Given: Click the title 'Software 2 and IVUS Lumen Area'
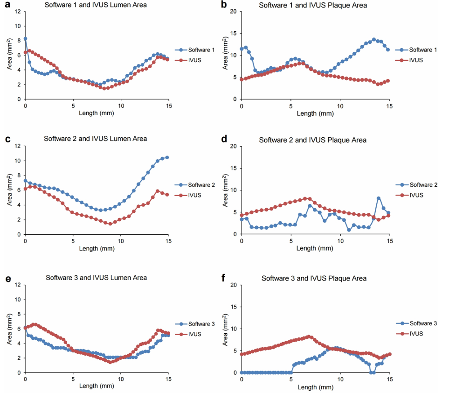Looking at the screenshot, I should [x=96, y=139].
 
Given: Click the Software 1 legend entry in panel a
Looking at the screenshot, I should [x=195, y=50].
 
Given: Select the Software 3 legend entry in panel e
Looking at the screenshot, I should [x=195, y=324].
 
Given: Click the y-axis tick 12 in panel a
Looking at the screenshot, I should [x=18, y=11].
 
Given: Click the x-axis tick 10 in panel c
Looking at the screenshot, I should [x=121, y=241].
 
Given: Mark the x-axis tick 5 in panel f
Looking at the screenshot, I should [x=291, y=379].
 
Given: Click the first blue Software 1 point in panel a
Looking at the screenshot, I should [x=25, y=39].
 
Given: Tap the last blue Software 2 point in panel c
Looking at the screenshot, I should [x=167, y=157].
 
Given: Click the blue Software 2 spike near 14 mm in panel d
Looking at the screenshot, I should [x=379, y=198].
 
